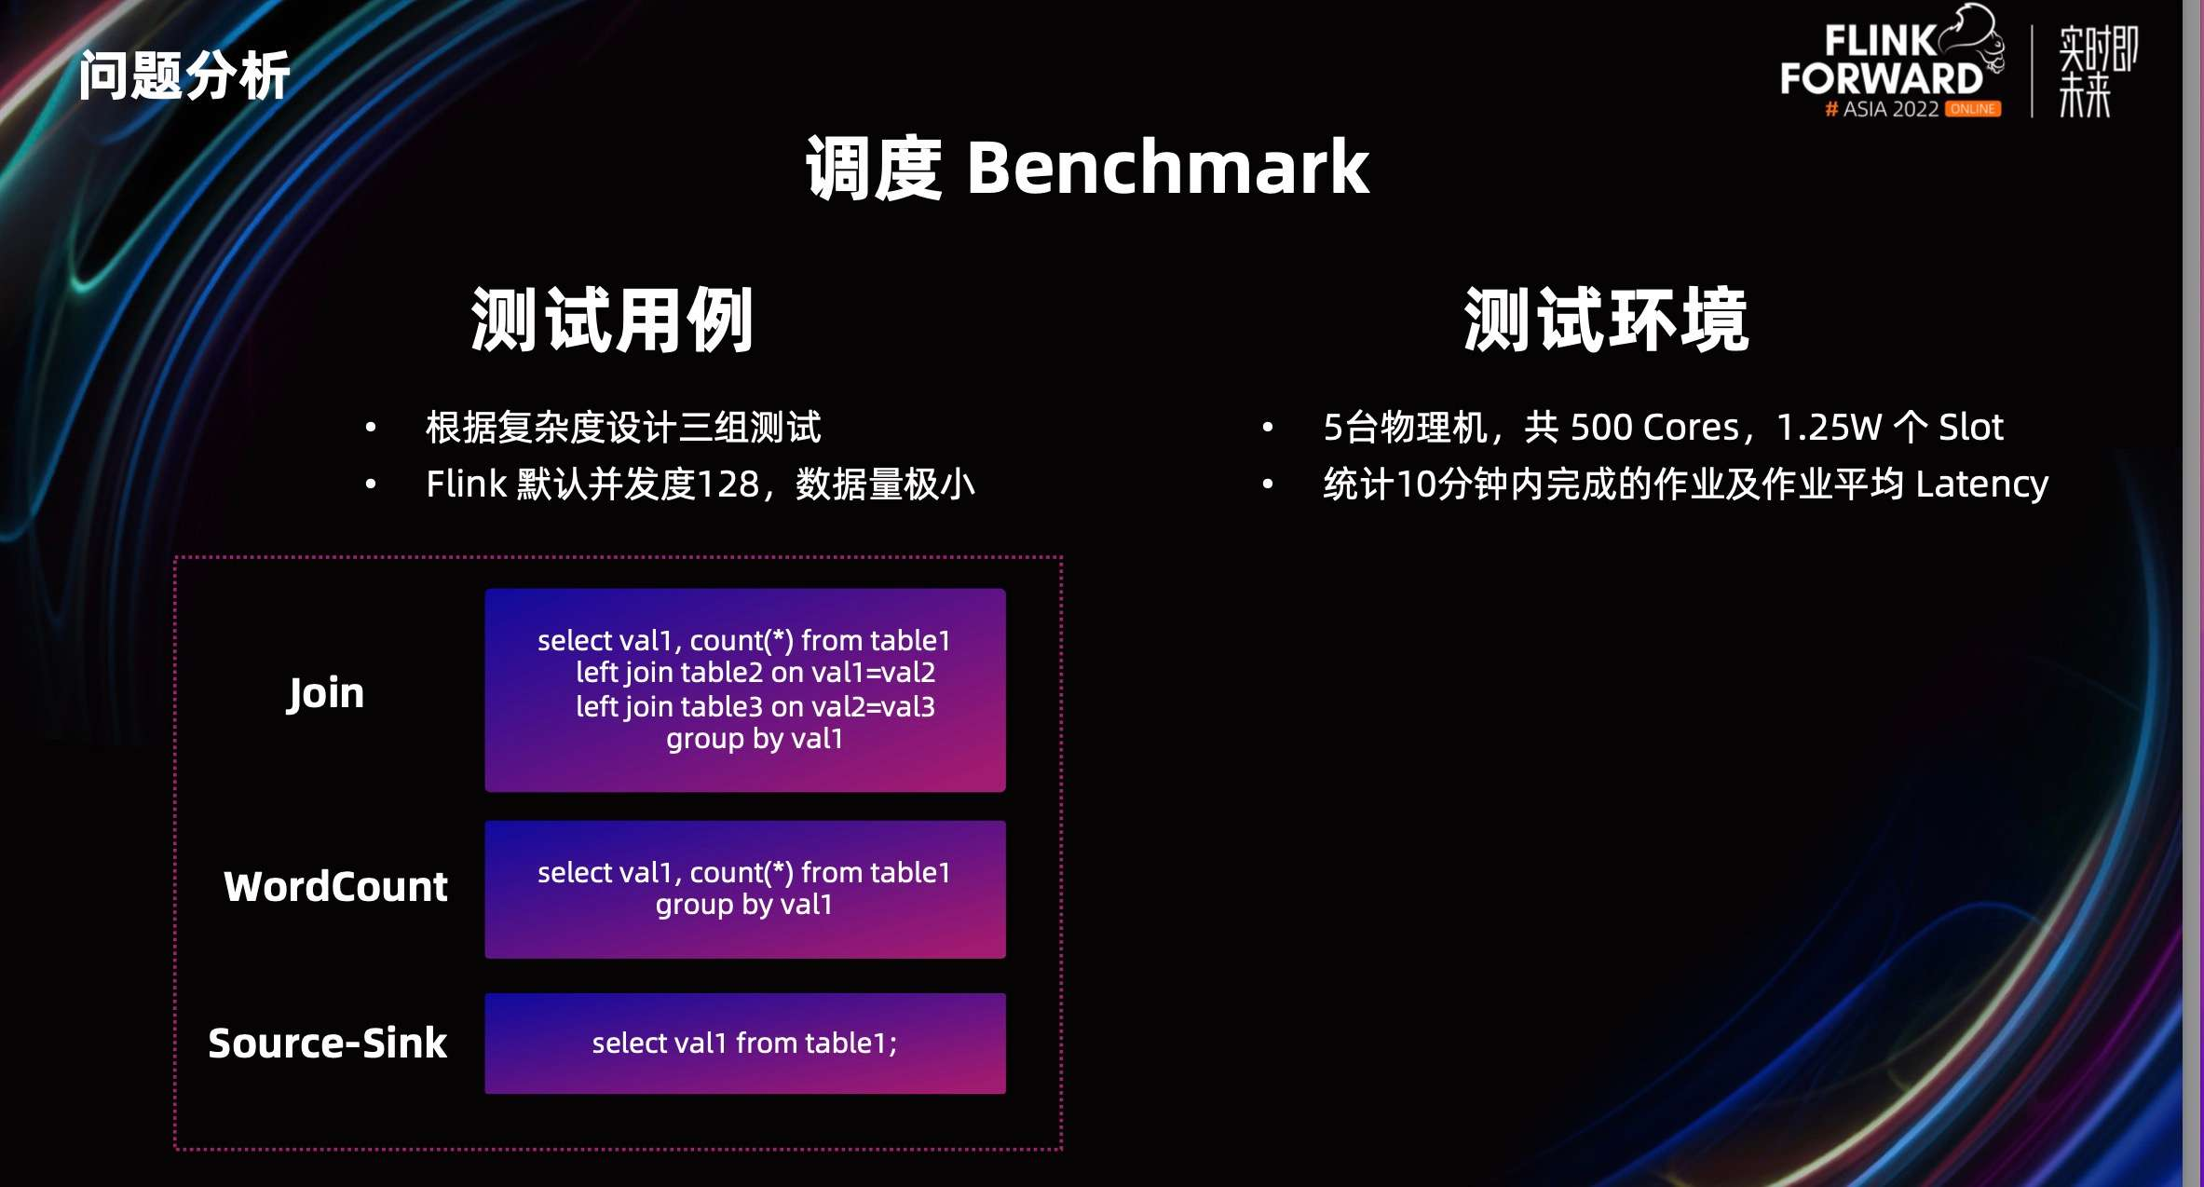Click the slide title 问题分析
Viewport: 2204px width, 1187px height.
pos(184,75)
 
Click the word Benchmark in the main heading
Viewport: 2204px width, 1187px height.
pos(1167,168)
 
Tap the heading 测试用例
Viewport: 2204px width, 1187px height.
pos(612,321)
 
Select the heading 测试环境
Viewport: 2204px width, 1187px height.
pos(1606,321)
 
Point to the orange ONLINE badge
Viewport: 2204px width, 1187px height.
pos(1973,109)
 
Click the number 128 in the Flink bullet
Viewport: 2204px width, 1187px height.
pos(728,484)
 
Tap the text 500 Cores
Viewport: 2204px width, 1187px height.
pos(1654,428)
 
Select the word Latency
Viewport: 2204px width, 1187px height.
pos(1981,484)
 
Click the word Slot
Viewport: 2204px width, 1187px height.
pos(1970,428)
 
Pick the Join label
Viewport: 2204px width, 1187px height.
pos(325,693)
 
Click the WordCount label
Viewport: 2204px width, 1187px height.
pos(335,887)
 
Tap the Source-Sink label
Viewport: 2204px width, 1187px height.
pos(327,1044)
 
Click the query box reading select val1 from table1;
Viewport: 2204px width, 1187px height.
pos(744,1044)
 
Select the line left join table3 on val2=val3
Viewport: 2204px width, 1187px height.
pos(755,706)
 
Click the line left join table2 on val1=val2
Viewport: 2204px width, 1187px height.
pos(755,673)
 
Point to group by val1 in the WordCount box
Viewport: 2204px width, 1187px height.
pos(743,905)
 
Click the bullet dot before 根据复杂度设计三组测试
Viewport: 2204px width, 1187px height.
pos(371,428)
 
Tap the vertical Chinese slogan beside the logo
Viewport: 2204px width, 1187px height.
pos(2096,72)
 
